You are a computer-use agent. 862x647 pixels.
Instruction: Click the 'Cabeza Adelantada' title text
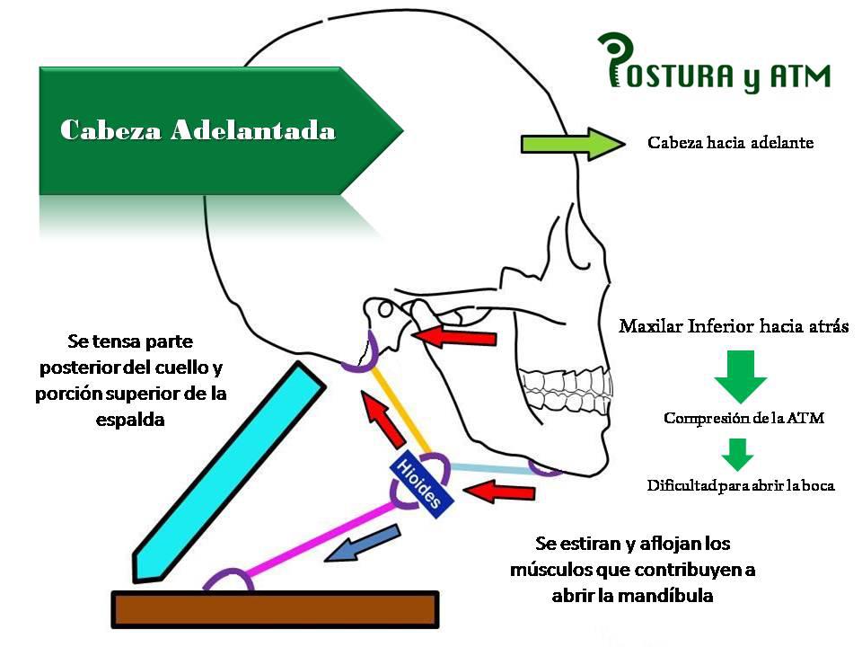click(x=198, y=130)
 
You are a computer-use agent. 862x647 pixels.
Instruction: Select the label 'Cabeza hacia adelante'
click(x=730, y=143)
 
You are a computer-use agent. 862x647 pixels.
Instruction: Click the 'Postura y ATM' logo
click(x=715, y=65)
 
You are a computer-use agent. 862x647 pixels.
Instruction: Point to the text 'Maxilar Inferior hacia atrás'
click(x=734, y=325)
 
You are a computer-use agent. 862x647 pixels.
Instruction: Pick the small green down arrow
click(x=738, y=454)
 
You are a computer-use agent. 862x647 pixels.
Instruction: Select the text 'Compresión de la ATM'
click(x=743, y=418)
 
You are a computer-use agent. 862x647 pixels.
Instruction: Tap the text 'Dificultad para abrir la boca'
click(x=741, y=486)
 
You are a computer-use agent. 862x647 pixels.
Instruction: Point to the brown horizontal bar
click(x=275, y=609)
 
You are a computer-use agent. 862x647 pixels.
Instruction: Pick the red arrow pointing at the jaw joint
click(x=453, y=336)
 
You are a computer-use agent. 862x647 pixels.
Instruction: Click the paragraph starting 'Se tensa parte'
click(x=130, y=380)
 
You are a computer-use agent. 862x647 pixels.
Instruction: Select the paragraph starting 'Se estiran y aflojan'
click(x=633, y=569)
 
